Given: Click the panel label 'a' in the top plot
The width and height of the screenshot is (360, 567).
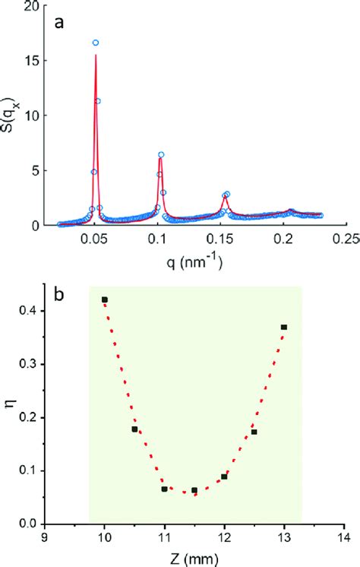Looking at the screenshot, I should coord(58,24).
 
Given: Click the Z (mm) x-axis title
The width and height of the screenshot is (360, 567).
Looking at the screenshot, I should coord(194,557).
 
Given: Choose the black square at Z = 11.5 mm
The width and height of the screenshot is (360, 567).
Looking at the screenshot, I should coord(194,490).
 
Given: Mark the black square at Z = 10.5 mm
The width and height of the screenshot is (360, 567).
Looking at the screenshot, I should coord(134,429).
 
